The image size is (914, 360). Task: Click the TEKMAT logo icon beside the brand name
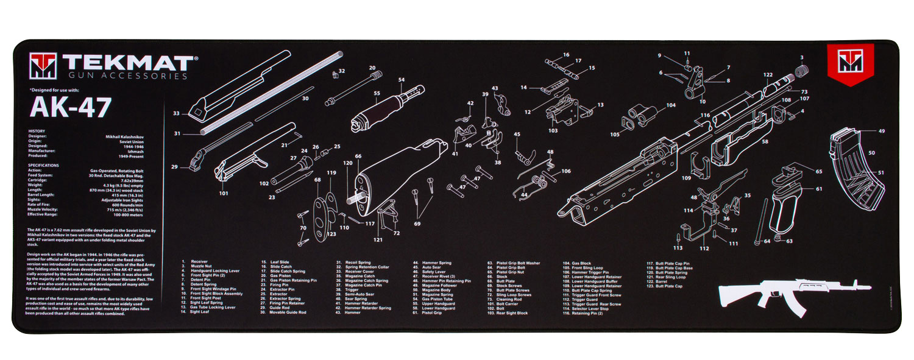point(43,66)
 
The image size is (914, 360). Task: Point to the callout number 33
point(176,113)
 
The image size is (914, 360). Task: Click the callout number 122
point(768,75)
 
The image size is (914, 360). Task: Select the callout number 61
point(818,189)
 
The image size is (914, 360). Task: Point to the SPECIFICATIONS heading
point(43,165)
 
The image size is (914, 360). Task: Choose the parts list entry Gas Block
point(581,263)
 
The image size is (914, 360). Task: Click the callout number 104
point(671,105)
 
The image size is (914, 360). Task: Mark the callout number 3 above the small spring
point(802,57)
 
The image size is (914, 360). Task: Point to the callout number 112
point(704,249)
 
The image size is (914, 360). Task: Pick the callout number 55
point(377,93)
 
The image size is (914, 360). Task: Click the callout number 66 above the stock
point(358,156)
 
